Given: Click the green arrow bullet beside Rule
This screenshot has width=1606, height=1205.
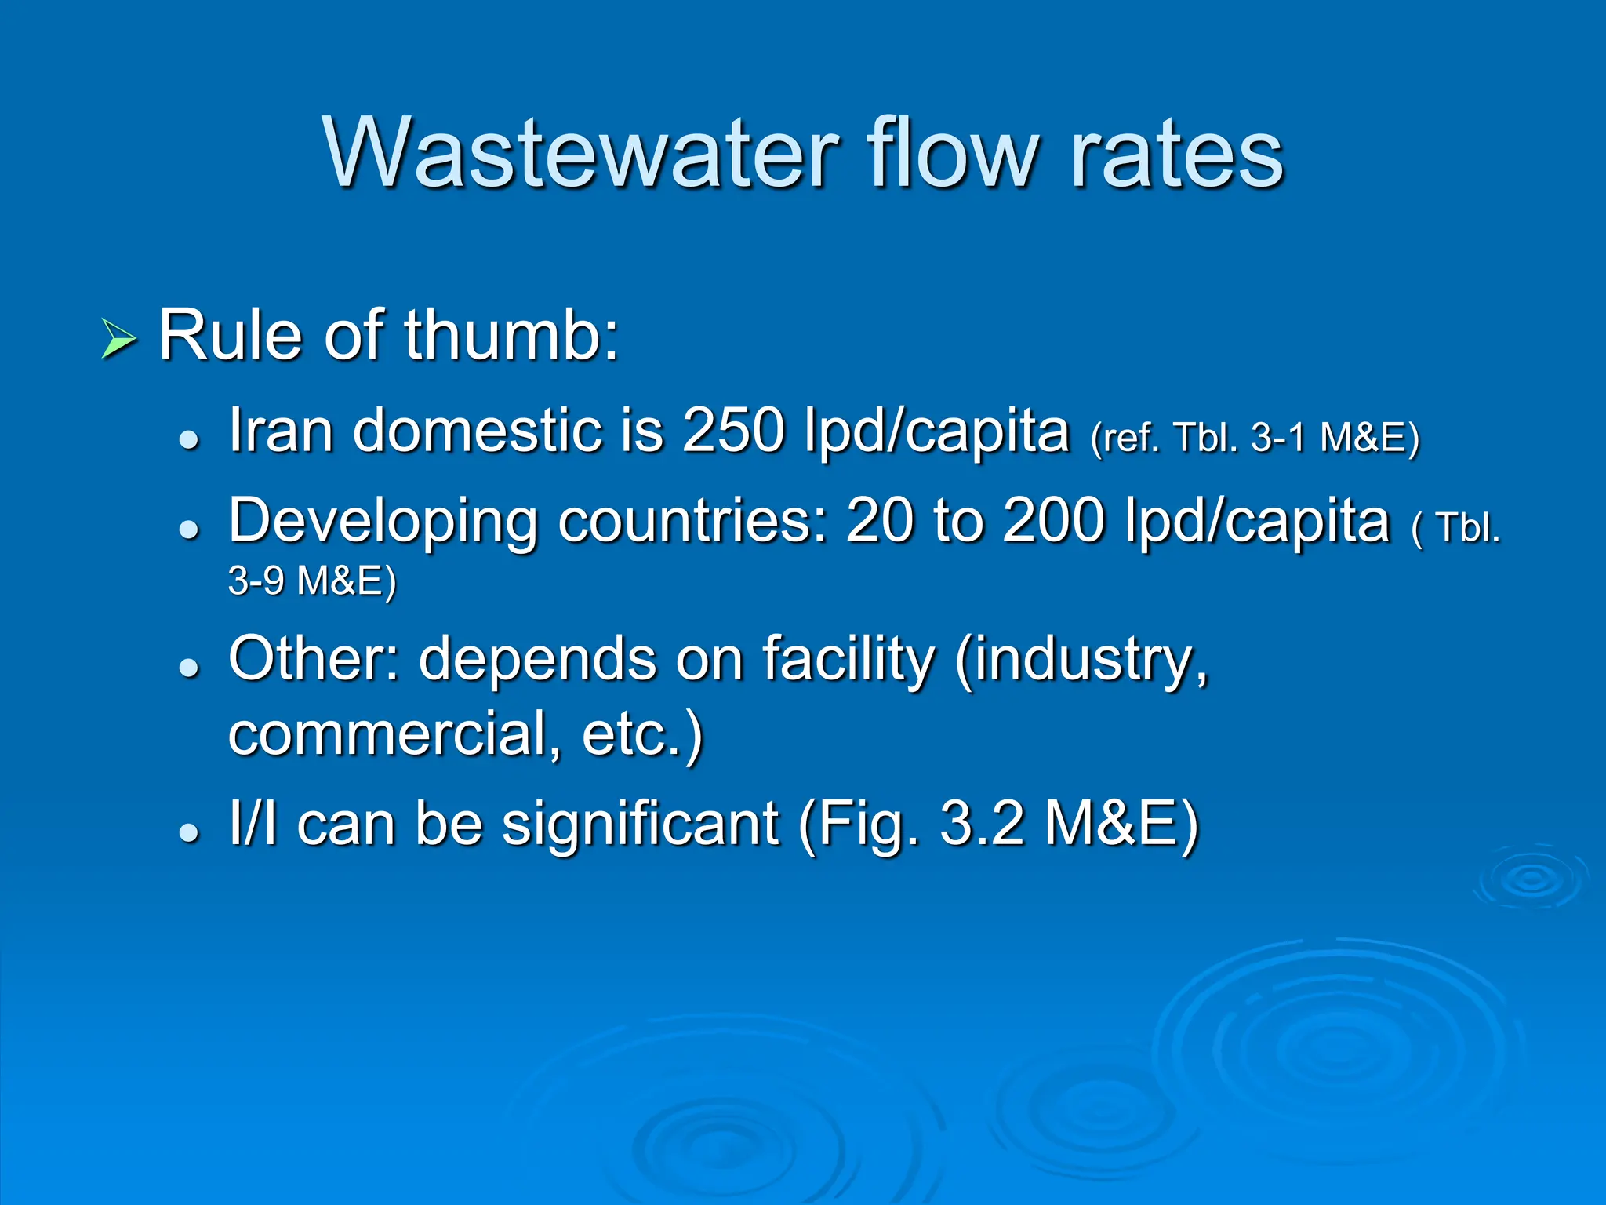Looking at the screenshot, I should coord(118,340).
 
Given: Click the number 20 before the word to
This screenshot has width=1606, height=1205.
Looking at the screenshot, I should coord(879,521).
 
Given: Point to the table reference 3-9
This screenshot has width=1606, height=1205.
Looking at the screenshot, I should coord(256,581).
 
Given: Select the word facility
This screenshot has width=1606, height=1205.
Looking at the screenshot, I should coord(848,659).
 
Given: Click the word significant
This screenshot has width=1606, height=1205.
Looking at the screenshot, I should coord(640,824).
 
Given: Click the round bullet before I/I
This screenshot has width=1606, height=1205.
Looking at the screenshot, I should coord(189,832).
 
